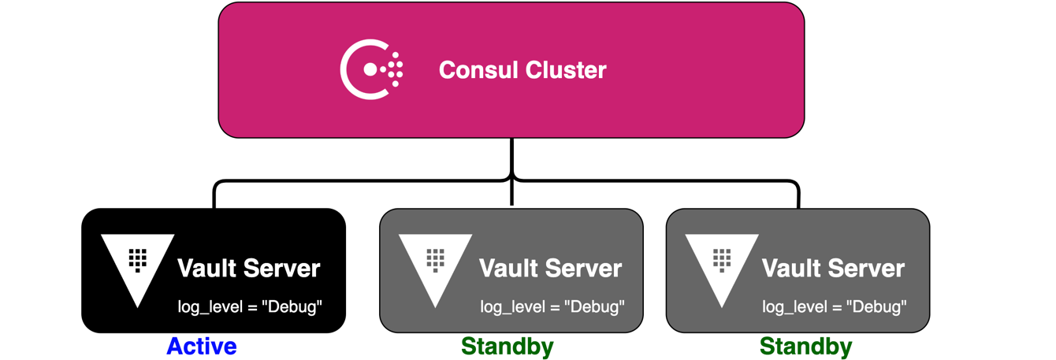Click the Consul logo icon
(x=371, y=70)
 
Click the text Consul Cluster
(x=522, y=70)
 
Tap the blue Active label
(x=201, y=347)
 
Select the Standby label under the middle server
(x=507, y=347)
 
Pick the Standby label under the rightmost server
(x=805, y=347)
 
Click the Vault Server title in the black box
(x=248, y=269)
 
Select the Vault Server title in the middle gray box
(x=550, y=269)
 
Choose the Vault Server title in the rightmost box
(x=833, y=269)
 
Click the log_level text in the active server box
(x=250, y=306)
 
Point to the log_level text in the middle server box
(x=552, y=306)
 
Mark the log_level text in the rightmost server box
(x=835, y=306)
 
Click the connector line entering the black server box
(x=214, y=197)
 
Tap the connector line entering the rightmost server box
(x=798, y=197)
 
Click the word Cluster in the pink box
(x=567, y=70)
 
